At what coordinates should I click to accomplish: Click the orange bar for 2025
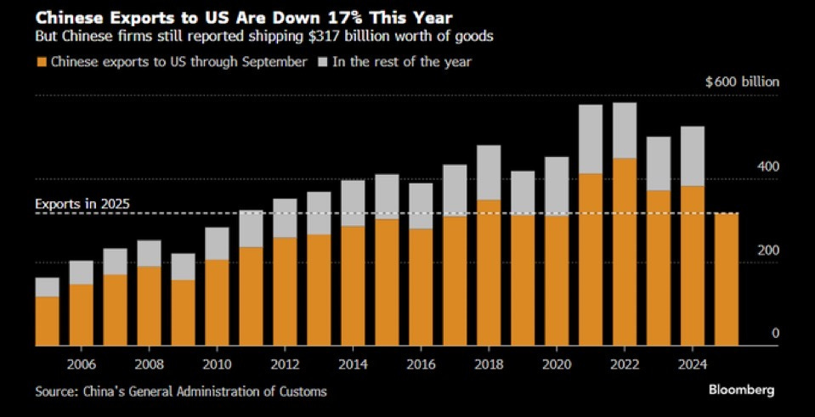tap(727, 279)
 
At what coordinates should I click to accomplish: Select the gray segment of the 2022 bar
tap(625, 130)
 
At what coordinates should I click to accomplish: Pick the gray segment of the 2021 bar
tap(591, 139)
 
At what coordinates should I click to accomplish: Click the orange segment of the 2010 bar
tap(217, 302)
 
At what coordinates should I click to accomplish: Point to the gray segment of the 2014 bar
tap(353, 203)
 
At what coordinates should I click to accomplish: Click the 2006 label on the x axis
tap(82, 362)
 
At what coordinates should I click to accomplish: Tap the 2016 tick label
tap(421, 362)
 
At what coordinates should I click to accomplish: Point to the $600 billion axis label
tap(742, 82)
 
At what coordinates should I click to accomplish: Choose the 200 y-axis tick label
tap(767, 251)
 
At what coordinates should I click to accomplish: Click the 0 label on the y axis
tap(775, 334)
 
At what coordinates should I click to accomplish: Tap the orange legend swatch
tap(40, 62)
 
